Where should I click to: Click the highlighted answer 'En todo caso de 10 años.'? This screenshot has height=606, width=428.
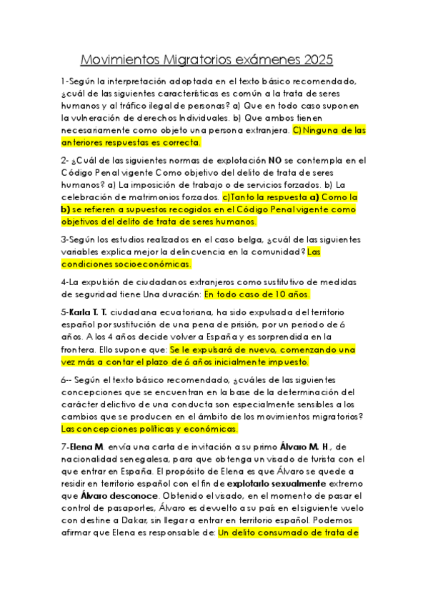point(259,294)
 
